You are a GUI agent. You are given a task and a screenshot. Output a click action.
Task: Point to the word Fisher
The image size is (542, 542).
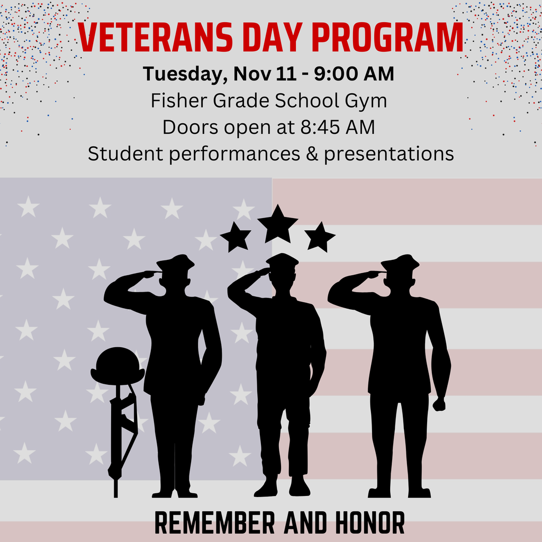(173, 101)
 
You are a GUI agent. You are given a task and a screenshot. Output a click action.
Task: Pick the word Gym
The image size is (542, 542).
(367, 101)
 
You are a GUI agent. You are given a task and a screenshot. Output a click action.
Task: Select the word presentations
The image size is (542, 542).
(389, 154)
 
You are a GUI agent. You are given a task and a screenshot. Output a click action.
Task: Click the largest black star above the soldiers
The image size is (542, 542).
(278, 224)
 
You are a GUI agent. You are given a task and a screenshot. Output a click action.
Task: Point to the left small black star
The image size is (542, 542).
(235, 237)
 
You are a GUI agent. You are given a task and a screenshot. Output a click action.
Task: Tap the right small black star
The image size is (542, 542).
(320, 237)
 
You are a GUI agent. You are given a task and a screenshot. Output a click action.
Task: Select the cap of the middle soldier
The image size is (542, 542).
(282, 260)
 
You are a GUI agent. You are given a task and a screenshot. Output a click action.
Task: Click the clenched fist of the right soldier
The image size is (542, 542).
(439, 404)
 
